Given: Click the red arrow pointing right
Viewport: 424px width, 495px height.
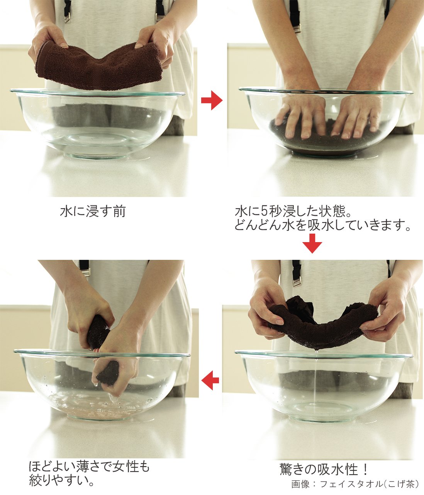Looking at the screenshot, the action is [212, 100].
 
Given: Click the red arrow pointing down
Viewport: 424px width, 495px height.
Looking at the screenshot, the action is [312, 243].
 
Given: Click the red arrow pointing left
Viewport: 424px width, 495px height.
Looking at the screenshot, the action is [210, 380].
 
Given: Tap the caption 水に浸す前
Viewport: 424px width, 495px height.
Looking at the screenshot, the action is [93, 212].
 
